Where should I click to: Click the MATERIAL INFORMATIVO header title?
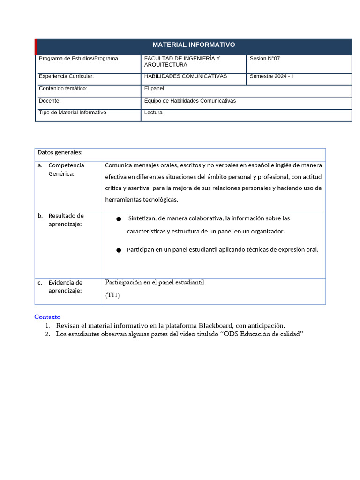click(194, 45)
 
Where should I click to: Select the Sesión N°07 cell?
click(264, 59)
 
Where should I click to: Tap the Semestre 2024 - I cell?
click(271, 76)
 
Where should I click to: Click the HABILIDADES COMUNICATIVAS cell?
click(185, 76)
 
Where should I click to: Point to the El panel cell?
click(154, 88)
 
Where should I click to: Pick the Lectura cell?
click(153, 112)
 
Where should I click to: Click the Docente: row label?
click(50, 101)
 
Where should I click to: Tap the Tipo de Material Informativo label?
click(72, 112)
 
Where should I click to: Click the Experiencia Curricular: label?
click(66, 76)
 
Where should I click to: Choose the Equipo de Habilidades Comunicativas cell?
click(190, 101)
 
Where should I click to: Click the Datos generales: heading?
click(60, 152)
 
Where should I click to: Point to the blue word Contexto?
click(47, 317)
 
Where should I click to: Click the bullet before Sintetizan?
click(119, 219)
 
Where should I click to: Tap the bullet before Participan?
click(119, 250)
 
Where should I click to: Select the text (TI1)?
click(112, 295)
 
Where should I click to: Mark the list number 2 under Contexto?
click(48, 334)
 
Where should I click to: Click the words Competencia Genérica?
click(66, 170)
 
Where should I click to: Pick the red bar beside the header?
click(36, 47)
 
